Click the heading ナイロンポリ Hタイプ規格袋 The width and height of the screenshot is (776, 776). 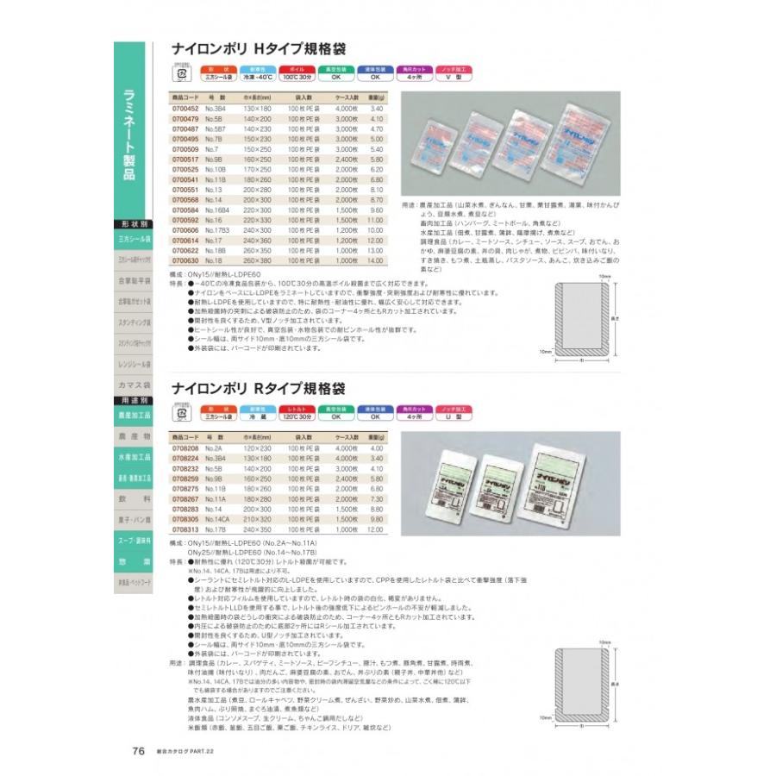coord(255,50)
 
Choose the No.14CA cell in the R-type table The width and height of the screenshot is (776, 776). coord(216,520)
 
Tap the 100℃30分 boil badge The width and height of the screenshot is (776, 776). coord(283,75)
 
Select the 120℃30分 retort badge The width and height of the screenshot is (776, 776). coord(283,415)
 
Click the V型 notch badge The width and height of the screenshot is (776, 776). coord(460,75)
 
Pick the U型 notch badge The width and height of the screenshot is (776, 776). coord(460,415)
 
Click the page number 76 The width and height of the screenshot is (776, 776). coord(139,750)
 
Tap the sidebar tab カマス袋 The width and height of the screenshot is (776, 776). coord(135,385)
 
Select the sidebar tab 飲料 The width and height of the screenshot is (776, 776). coord(135,499)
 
